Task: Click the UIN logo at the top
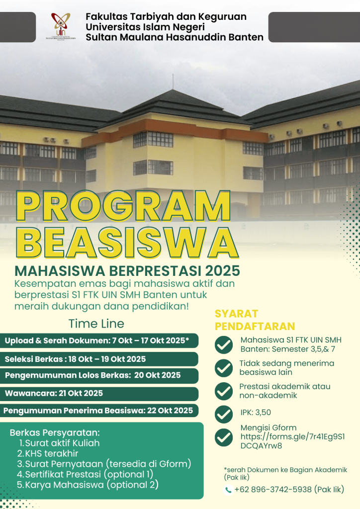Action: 61,26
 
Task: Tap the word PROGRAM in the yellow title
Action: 123,206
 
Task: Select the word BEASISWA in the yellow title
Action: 127,243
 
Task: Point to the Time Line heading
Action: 96,324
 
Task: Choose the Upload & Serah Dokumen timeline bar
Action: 99,340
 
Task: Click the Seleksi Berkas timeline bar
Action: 99,359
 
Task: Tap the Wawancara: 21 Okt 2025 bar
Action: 99,394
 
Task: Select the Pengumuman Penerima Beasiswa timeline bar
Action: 99,411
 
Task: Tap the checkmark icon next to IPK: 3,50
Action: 224,414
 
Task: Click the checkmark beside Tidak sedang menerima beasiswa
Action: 224,368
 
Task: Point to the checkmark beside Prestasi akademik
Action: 224,391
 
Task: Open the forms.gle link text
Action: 292,441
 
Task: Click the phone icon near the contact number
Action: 228,490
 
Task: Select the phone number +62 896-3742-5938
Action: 273,489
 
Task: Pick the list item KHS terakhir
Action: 48,453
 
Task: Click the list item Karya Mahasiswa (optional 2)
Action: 88,485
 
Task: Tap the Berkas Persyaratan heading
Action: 55,433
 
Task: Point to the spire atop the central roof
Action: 173,82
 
